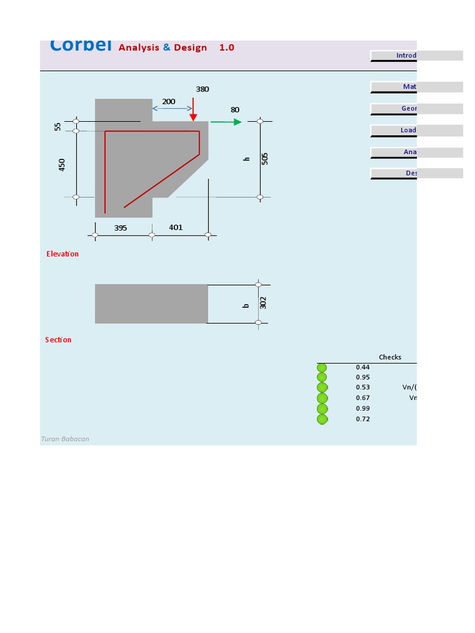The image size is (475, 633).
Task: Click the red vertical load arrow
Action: [x=194, y=109]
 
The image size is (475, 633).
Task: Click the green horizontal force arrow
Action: [x=226, y=122]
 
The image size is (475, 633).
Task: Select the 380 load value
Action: [x=202, y=89]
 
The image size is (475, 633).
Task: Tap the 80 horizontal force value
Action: [x=235, y=110]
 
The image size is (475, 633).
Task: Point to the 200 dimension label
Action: [x=169, y=101]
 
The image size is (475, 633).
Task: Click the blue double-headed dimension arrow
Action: [x=172, y=109]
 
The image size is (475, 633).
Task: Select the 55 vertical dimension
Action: [x=58, y=126]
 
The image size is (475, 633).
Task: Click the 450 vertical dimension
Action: [x=62, y=164]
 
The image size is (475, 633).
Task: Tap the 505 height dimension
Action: [x=265, y=158]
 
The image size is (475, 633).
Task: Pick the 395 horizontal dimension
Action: [x=121, y=228]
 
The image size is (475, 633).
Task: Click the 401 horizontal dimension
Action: [x=176, y=227]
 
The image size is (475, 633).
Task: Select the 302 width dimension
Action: [x=263, y=303]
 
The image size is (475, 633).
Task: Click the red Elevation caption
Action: [x=62, y=254]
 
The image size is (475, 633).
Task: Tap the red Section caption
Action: [x=58, y=340]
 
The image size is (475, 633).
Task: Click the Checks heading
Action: [x=390, y=357]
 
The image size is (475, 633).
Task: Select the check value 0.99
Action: [x=363, y=409]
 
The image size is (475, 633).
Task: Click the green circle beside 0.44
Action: [x=322, y=368]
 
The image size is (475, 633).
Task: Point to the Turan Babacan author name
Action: [x=65, y=439]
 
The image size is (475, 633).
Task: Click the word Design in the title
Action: [x=190, y=48]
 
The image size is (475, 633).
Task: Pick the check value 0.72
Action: [x=363, y=419]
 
